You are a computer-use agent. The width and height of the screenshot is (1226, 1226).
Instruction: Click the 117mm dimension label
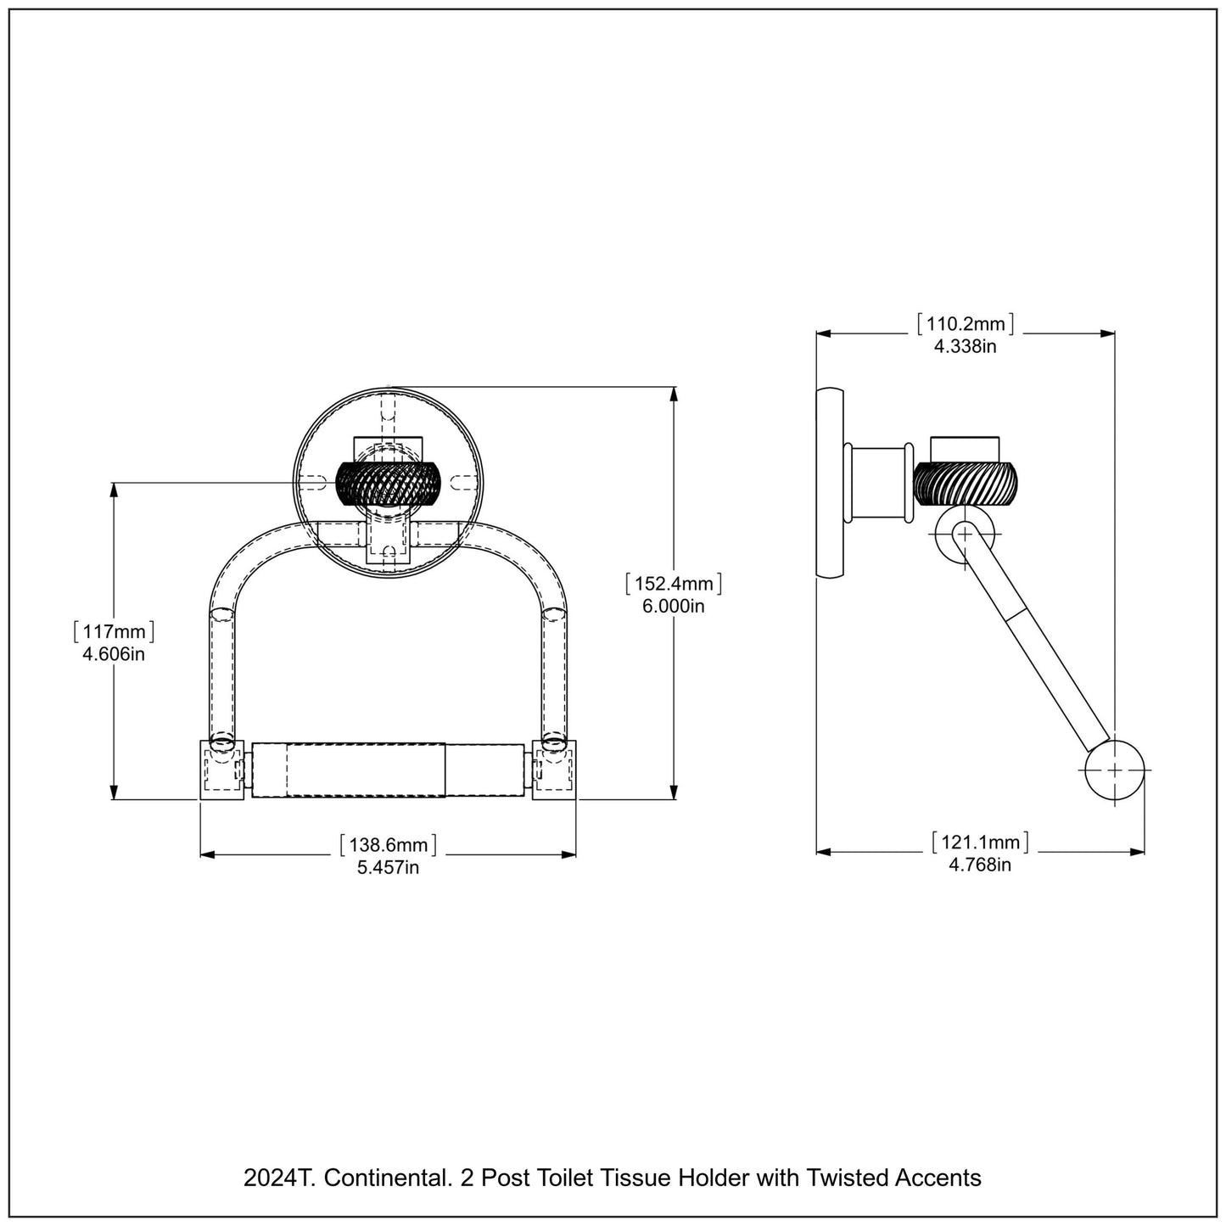coord(115,632)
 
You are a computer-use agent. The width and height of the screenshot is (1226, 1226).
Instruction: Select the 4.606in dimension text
coord(114,654)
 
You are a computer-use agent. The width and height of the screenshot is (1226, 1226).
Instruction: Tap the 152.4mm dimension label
coord(674,584)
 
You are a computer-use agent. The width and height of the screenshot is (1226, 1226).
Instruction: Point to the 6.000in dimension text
coord(674,606)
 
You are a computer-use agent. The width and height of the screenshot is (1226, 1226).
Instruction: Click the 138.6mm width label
coord(389,845)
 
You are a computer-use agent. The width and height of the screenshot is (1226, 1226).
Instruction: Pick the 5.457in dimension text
coord(389,867)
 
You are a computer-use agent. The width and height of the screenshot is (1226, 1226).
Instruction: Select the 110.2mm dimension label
coord(966,323)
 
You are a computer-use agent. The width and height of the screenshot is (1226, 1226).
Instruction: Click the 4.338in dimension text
coord(966,345)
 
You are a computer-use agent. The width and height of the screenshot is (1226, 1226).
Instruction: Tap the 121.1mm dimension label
coord(980,843)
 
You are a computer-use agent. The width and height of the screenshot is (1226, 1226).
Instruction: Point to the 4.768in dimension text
coord(980,865)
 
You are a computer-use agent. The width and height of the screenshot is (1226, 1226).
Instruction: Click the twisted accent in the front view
coord(389,483)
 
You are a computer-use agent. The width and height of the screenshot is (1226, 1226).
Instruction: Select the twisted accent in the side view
coord(966,483)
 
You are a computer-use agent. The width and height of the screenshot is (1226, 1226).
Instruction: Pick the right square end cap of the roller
coord(555,770)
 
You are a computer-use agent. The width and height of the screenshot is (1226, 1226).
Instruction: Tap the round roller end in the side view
coord(1114,770)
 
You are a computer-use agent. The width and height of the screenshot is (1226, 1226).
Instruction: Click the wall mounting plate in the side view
coord(830,484)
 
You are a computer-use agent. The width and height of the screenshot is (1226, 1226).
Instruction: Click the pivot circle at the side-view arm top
coord(966,534)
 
